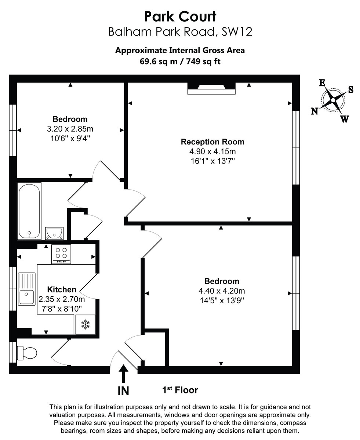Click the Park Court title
click(180, 16)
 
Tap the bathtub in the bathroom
click(29, 211)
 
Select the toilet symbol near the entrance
click(28, 353)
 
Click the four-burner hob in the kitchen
click(61, 254)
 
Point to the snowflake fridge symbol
click(86, 324)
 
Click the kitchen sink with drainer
click(27, 289)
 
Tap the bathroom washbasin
click(54, 233)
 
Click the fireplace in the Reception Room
click(211, 88)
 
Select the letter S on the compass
click(350, 90)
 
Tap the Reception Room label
click(212, 142)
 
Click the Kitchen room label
click(62, 290)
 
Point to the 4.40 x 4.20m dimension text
click(222, 291)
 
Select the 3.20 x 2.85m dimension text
click(70, 129)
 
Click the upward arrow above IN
click(123, 373)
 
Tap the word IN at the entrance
click(123, 391)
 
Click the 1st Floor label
click(180, 390)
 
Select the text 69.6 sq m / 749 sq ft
click(180, 61)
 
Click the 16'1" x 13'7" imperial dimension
click(212, 161)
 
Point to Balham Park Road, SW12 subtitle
click(180, 32)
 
